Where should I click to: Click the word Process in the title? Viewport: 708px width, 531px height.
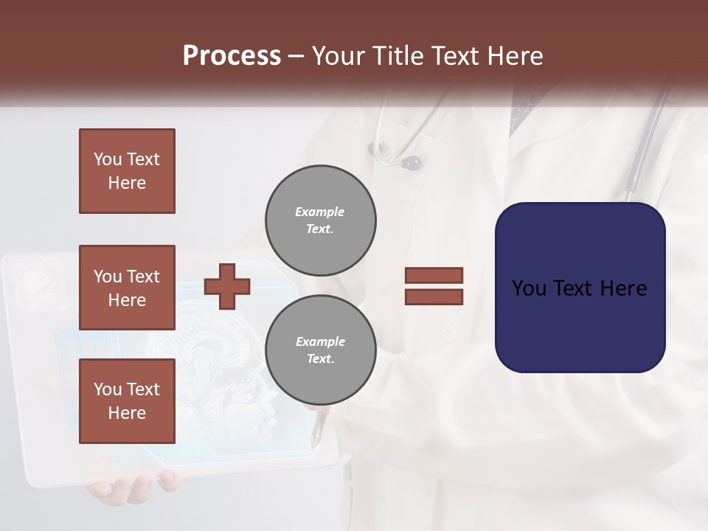click(232, 56)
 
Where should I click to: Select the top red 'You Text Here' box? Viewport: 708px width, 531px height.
click(127, 171)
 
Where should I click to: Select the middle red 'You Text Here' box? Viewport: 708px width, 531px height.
click(127, 288)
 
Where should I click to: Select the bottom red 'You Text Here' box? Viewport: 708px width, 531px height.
click(127, 400)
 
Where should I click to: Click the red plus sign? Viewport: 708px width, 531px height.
click(227, 286)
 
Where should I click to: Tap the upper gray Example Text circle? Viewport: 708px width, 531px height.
click(320, 220)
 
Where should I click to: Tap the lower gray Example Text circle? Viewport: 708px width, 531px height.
click(320, 350)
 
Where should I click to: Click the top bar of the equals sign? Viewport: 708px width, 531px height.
click(434, 275)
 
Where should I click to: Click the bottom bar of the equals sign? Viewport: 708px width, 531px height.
click(434, 297)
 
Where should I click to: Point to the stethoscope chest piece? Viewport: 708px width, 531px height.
click(410, 161)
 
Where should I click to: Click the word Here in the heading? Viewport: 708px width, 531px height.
click(513, 56)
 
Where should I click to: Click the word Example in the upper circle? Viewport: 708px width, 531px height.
click(320, 212)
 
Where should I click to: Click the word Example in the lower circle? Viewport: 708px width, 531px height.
click(320, 341)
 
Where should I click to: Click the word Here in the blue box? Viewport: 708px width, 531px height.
click(623, 288)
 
